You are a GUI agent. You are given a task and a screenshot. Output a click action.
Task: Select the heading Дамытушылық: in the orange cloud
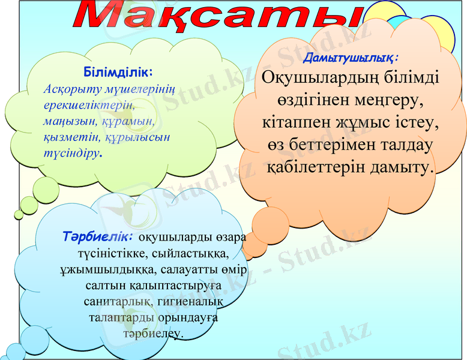[351, 58]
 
